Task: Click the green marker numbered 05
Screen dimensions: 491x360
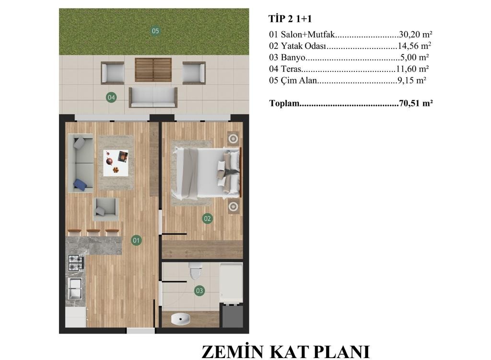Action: pyautogui.click(x=155, y=31)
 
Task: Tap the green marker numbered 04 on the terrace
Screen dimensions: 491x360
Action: pyautogui.click(x=111, y=97)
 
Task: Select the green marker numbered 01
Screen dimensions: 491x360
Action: pyautogui.click(x=136, y=241)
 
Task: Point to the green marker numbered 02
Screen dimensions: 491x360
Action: pyautogui.click(x=207, y=219)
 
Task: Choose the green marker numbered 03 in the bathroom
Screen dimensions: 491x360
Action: pyautogui.click(x=199, y=291)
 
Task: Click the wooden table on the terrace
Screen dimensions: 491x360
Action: pyautogui.click(x=153, y=70)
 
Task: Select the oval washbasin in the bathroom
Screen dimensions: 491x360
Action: pyautogui.click(x=181, y=319)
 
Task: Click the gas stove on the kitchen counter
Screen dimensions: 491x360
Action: pyautogui.click(x=76, y=263)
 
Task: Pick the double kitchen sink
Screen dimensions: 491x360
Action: pyautogui.click(x=75, y=288)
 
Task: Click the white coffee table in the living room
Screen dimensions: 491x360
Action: pyautogui.click(x=116, y=163)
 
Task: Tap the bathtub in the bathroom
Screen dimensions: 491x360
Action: pyautogui.click(x=231, y=283)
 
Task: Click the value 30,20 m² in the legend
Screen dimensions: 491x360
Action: pyautogui.click(x=416, y=34)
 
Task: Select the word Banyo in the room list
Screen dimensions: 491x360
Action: pyautogui.click(x=293, y=58)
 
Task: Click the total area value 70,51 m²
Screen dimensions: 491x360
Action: pyautogui.click(x=416, y=103)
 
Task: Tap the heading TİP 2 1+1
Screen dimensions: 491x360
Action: pyautogui.click(x=290, y=19)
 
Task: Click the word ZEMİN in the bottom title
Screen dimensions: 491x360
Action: pyautogui.click(x=233, y=352)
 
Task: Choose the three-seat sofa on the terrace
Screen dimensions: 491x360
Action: pyautogui.click(x=153, y=97)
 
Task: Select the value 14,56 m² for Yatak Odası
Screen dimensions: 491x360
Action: pyautogui.click(x=414, y=46)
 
